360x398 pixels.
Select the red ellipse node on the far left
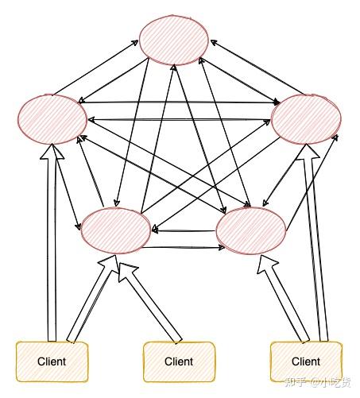52,119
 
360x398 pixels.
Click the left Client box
52,361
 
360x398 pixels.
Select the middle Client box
179,361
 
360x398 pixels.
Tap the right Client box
306,361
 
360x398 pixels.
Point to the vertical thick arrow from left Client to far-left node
52,254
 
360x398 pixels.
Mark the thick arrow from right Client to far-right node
312,254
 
